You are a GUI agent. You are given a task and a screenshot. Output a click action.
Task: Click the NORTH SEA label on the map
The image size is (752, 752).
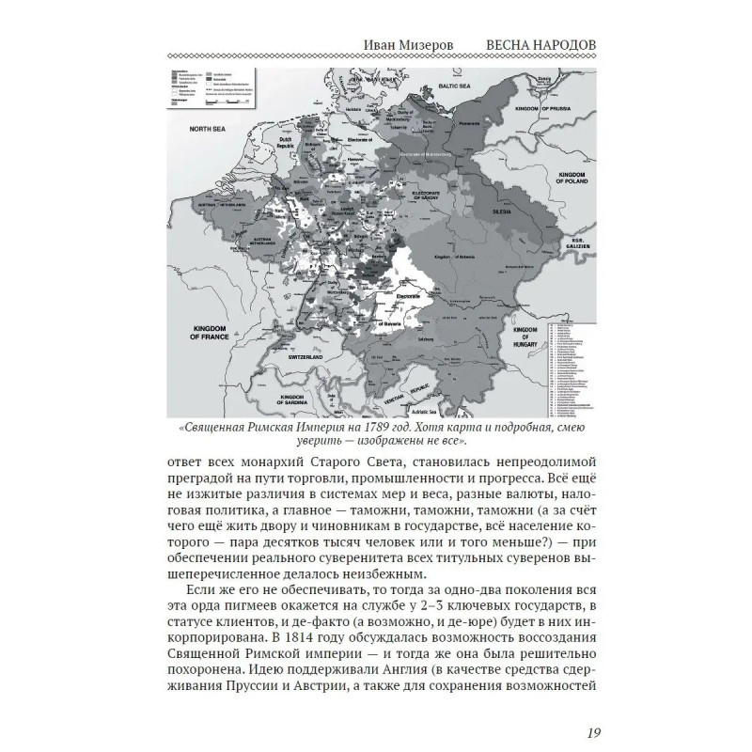[208, 126]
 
